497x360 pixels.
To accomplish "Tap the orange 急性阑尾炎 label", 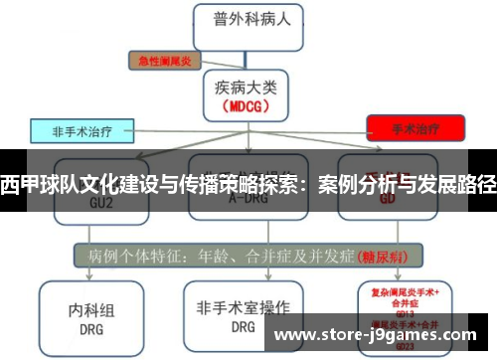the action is click(x=163, y=59).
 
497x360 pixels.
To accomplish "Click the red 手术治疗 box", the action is click(x=414, y=128).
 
